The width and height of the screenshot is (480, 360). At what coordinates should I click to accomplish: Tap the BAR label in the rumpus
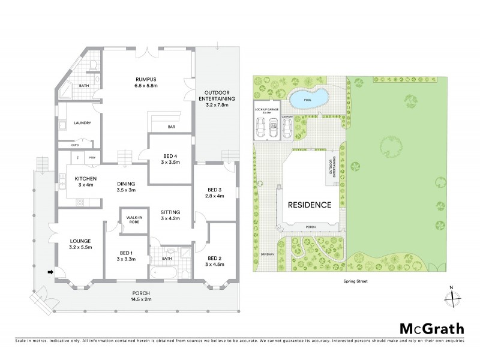[171, 127]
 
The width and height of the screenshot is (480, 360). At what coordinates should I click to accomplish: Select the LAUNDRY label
[82, 123]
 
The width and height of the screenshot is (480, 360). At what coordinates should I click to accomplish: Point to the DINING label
[126, 184]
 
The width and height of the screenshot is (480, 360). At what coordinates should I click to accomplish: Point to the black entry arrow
[50, 272]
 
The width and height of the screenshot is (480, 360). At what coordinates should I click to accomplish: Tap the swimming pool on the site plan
[308, 98]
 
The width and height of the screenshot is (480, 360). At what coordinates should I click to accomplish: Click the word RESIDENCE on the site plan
[309, 205]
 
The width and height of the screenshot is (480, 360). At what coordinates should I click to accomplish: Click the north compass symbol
[454, 296]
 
